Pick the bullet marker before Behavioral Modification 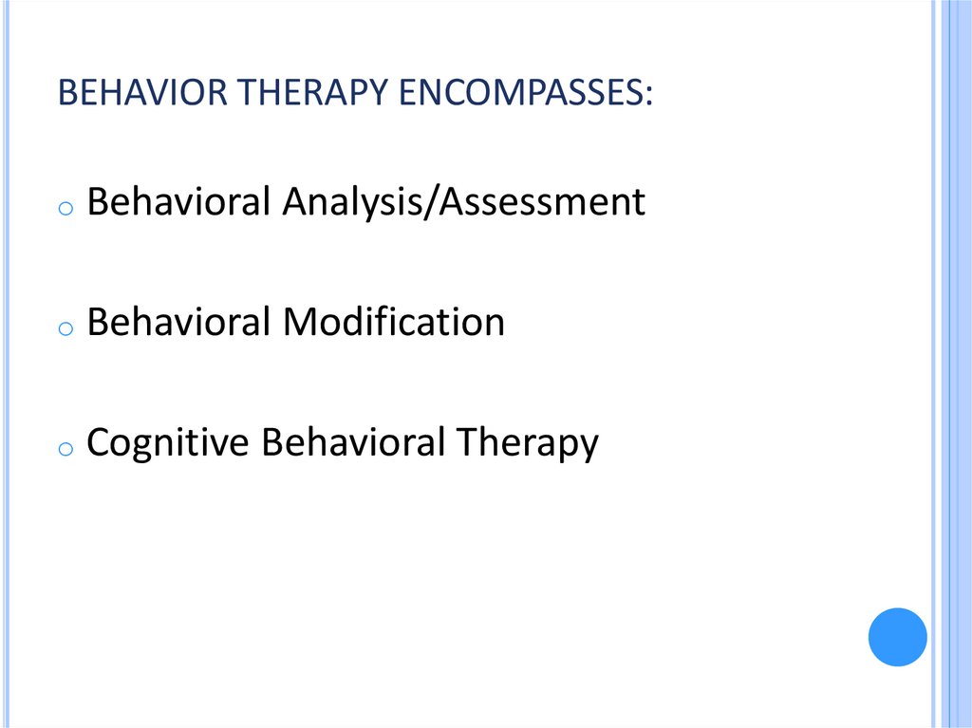click(x=65, y=328)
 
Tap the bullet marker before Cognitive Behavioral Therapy click(x=65, y=449)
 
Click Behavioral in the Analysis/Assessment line click(x=178, y=202)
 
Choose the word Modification click(x=393, y=323)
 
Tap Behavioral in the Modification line click(x=178, y=323)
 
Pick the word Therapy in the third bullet click(x=529, y=444)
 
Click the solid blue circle click(x=897, y=637)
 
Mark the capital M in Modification click(x=298, y=323)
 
